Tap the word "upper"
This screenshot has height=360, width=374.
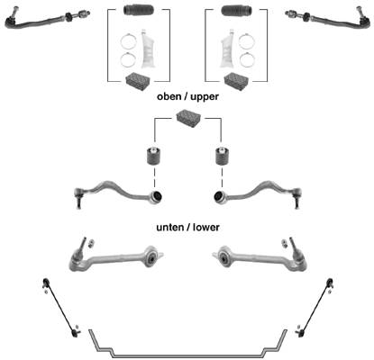pyautogui.click(x=205, y=97)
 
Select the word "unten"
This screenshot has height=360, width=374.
pyautogui.click(x=169, y=227)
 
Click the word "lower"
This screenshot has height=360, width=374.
pyautogui.click(x=206, y=227)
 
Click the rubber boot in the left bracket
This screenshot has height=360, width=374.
pyautogui.click(x=139, y=10)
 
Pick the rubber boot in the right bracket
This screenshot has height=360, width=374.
pyautogui.click(x=236, y=10)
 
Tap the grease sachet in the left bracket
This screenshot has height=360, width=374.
pyautogui.click(x=148, y=49)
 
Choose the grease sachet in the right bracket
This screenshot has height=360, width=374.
pyautogui.click(x=227, y=49)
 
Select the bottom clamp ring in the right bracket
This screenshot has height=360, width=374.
pyautogui.click(x=247, y=59)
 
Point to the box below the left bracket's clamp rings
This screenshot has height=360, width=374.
pyautogui.click(x=137, y=80)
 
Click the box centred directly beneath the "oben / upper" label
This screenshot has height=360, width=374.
pyautogui.click(x=188, y=119)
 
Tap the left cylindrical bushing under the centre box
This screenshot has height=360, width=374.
pyautogui.click(x=154, y=156)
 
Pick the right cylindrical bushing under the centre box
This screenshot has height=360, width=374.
pyautogui.click(x=223, y=156)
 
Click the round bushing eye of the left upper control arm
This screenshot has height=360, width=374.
pyautogui.click(x=156, y=196)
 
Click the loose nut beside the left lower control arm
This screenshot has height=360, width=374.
pyautogui.click(x=91, y=242)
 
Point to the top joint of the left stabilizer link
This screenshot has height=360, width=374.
pyautogui.click(x=46, y=283)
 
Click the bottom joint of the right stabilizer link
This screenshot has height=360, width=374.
pyautogui.click(x=300, y=332)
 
